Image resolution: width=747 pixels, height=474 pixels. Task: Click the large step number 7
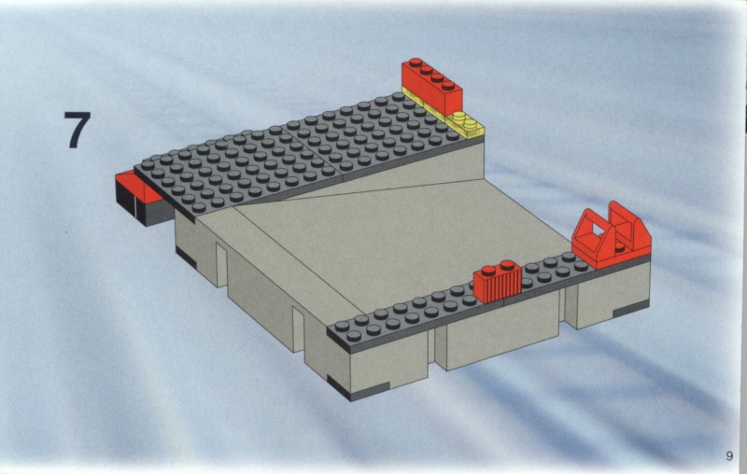(78, 130)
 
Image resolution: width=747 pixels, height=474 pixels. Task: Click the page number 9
(729, 455)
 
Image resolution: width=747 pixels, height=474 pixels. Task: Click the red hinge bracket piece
(611, 235)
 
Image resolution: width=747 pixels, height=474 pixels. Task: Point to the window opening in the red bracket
(596, 230)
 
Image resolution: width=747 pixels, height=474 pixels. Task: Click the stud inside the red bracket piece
(619, 246)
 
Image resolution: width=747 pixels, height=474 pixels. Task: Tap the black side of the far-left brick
(129, 202)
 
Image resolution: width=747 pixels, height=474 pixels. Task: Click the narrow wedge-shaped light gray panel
(362, 180)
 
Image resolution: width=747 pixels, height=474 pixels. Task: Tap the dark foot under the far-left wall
(185, 257)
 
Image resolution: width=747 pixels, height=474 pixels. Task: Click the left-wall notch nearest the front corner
(298, 329)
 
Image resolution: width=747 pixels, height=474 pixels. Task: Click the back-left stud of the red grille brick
(488, 271)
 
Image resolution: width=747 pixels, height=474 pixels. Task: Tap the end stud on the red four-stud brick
(416, 63)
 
